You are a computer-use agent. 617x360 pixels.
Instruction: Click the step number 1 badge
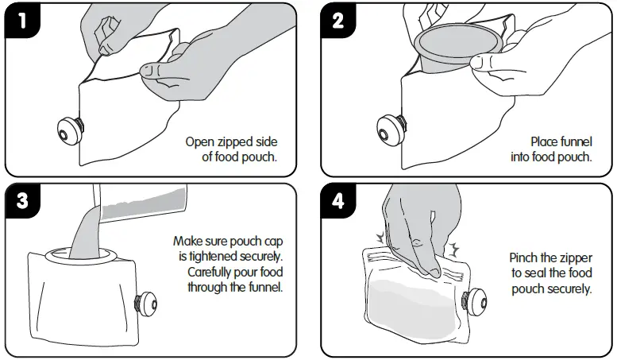(x=21, y=20)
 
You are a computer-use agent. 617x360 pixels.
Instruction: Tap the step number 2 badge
(x=337, y=20)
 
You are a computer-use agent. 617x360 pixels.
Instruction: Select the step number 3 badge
(x=21, y=200)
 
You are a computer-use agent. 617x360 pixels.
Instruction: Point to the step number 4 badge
(x=337, y=200)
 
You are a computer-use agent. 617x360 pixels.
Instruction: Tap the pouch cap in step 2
(x=390, y=130)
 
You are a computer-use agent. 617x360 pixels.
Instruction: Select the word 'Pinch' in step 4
(x=523, y=258)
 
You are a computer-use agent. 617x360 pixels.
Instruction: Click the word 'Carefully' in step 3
(x=210, y=273)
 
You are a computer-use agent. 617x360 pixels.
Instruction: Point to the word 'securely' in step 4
(x=571, y=289)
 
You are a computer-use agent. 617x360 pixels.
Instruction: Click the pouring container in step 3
(x=140, y=202)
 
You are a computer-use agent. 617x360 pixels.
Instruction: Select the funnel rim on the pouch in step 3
(x=81, y=256)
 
